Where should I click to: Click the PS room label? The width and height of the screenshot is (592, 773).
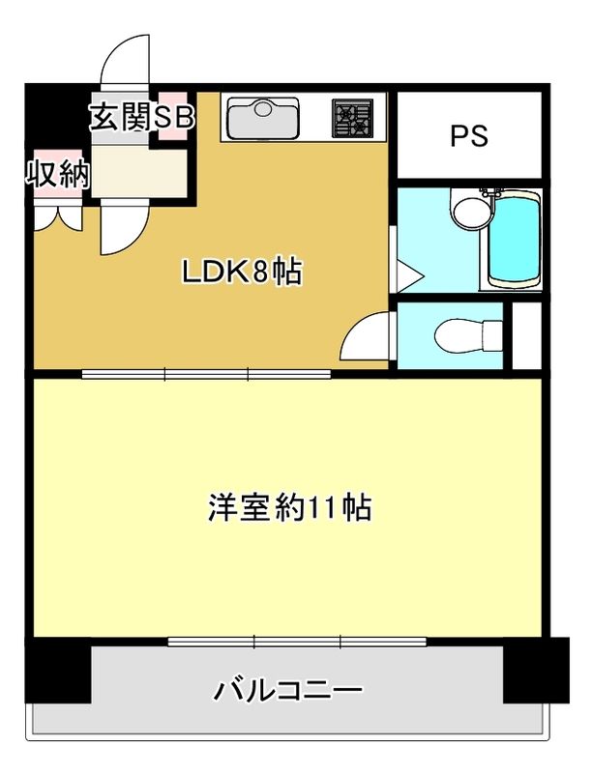pyautogui.click(x=469, y=136)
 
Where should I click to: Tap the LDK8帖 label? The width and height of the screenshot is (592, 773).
pyautogui.click(x=243, y=272)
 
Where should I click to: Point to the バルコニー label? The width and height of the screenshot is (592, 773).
pyautogui.click(x=289, y=690)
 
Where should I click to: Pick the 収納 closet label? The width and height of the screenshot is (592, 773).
pyautogui.click(x=57, y=175)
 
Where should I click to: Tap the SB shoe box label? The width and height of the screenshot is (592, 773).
pyautogui.click(x=175, y=116)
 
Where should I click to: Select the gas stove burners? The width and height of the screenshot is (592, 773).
pyautogui.click(x=353, y=118)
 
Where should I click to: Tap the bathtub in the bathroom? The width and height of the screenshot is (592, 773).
pyautogui.click(x=512, y=240)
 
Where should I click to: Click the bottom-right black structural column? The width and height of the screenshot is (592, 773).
pyautogui.click(x=536, y=670)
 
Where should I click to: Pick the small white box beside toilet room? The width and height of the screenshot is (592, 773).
pyautogui.click(x=526, y=335)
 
